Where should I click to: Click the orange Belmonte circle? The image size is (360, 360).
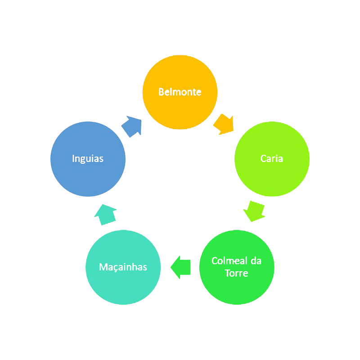tap(180, 92)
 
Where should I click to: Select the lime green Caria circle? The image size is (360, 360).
tap(272, 159)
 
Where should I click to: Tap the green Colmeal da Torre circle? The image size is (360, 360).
tap(237, 267)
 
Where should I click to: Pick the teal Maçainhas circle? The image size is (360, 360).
tap(123, 267)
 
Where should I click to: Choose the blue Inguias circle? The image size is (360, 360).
tap(88, 159)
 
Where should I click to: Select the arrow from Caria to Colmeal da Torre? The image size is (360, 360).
tap(254, 211)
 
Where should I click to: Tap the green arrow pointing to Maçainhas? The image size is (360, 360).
tap(180, 267)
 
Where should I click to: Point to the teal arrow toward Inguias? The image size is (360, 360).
tap(105, 215)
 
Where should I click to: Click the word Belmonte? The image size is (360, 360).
tap(180, 92)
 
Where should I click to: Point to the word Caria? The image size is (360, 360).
tap(272, 158)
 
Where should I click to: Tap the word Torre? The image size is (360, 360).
tap(237, 273)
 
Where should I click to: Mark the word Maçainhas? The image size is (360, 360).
tap(123, 267)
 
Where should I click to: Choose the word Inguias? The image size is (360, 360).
tap(88, 159)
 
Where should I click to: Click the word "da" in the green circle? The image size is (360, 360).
tap(256, 261)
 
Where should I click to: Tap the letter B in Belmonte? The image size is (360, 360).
tap(161, 92)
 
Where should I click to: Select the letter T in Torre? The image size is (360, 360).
tap(228, 273)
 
